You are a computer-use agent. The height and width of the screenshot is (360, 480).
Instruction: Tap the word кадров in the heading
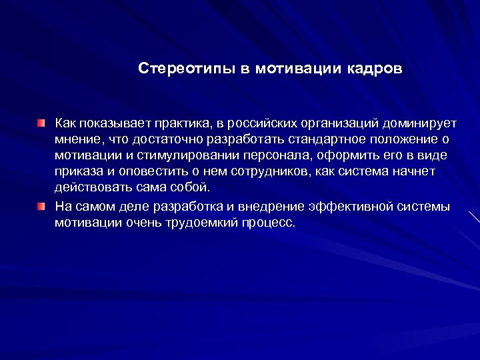coord(373,69)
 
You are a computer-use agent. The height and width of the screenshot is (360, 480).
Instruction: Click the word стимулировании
coord(177,155)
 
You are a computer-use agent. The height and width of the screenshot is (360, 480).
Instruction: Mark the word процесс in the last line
coord(270,222)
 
